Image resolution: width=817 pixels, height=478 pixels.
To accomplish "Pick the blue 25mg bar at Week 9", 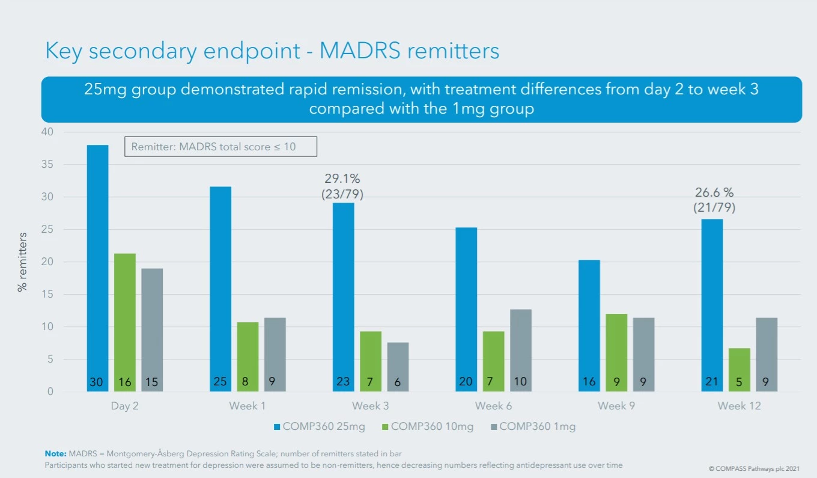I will tap(588, 325).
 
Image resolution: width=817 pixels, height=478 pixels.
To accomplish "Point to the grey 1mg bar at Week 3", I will tap(398, 367).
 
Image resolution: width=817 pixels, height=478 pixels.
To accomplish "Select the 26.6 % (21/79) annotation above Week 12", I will tap(714, 200).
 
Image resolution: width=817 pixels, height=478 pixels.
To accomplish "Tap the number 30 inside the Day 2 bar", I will tap(97, 382).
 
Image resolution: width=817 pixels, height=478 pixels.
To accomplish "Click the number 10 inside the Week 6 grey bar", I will tap(520, 382).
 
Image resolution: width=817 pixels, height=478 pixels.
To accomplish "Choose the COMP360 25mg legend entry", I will tap(319, 426).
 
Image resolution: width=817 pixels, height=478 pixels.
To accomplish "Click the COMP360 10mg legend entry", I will tap(428, 426).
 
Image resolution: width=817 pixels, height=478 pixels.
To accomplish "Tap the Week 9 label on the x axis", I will tap(616, 406).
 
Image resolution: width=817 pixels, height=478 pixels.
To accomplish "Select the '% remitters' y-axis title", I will tap(23, 262).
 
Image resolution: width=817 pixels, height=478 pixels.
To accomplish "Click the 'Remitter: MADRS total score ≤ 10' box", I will tap(220, 147).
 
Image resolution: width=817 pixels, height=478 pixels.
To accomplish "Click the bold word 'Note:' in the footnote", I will tap(56, 453).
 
